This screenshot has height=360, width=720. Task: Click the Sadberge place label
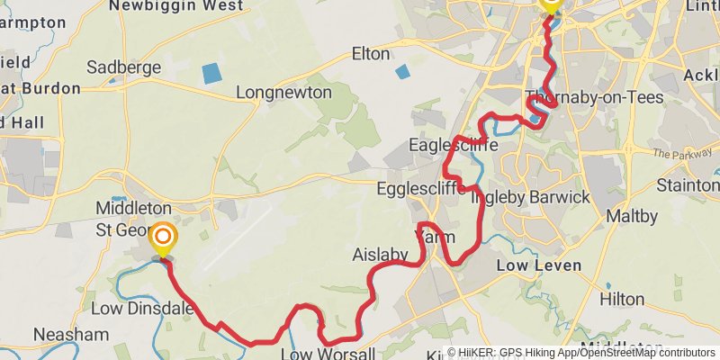(x=124, y=67)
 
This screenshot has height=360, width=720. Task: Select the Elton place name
(x=370, y=52)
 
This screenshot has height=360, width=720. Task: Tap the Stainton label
(x=688, y=185)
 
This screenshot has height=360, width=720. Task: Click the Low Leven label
(x=539, y=265)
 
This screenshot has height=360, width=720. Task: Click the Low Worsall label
(x=321, y=352)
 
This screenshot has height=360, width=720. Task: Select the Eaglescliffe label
(x=448, y=145)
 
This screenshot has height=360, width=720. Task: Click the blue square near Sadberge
(x=210, y=74)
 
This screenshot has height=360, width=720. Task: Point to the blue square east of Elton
(x=401, y=71)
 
